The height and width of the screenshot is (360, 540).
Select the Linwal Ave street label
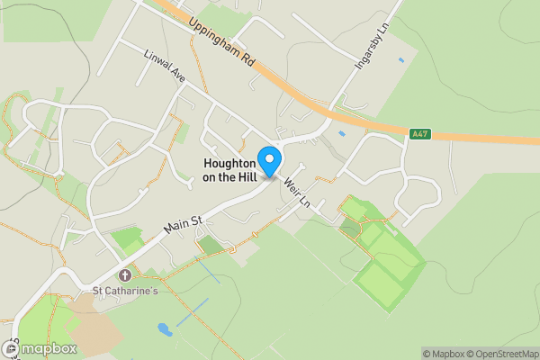coord(165,67)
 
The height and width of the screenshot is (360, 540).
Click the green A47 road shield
coord(418,134)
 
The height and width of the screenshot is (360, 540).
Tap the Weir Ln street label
coord(296,189)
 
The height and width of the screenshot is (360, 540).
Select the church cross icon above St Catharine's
coord(125,274)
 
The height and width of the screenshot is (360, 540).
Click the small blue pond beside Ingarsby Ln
coord(400,59)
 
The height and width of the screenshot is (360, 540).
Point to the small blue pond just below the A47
coord(341,134)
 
